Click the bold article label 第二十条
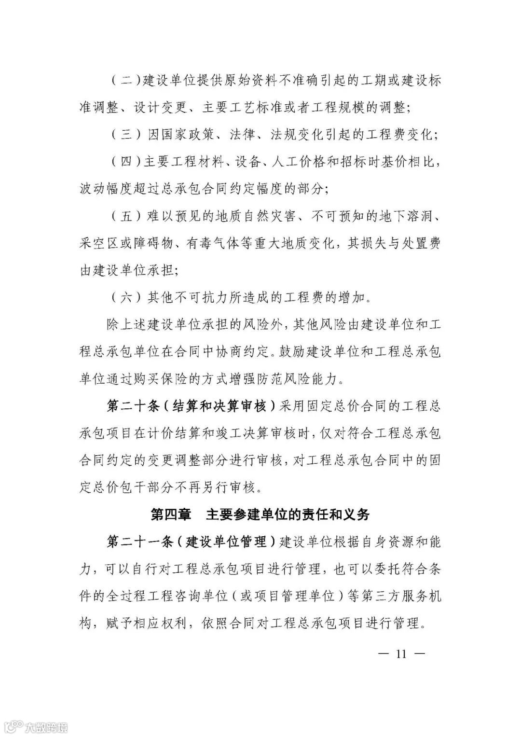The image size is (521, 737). (133, 406)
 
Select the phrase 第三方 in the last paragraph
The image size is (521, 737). (380, 597)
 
